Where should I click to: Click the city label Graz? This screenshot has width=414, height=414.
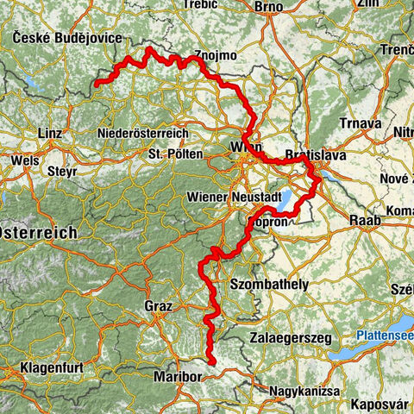(160, 306)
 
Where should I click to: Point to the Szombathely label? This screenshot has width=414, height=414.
(269, 284)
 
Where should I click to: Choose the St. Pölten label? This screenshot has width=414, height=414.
(175, 154)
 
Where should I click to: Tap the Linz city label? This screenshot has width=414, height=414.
(51, 134)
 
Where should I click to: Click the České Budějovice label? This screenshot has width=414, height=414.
(67, 38)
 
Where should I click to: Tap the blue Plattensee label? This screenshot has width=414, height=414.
(383, 335)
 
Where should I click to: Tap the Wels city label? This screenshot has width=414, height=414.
(24, 160)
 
